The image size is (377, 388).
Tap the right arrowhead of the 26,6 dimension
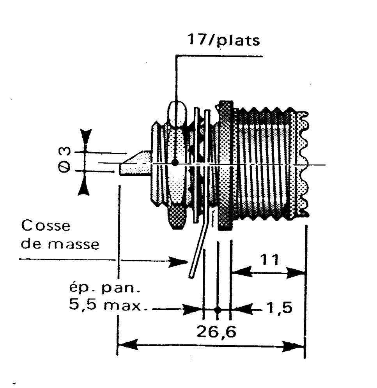(x=295, y=345)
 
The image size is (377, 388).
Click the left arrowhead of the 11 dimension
(x=241, y=272)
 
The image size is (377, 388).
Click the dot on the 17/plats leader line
(x=175, y=162)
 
